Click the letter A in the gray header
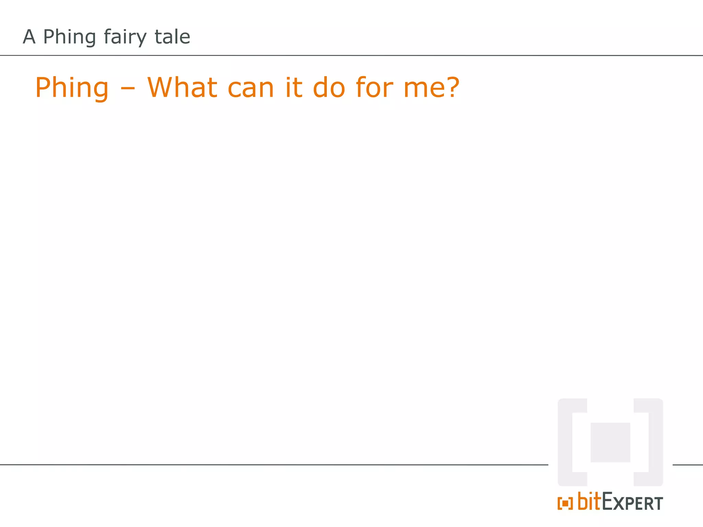click(x=29, y=37)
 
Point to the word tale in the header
click(x=172, y=37)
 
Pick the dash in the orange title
click(x=128, y=90)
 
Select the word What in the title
click(x=182, y=87)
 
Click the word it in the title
click(x=294, y=87)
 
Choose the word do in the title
click(x=329, y=87)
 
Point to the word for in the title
click(x=374, y=87)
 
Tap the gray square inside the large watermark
click(x=610, y=442)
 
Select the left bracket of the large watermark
click(x=565, y=442)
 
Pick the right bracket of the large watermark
click(x=655, y=442)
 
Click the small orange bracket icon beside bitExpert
click(x=565, y=503)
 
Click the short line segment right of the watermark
click(x=688, y=465)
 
